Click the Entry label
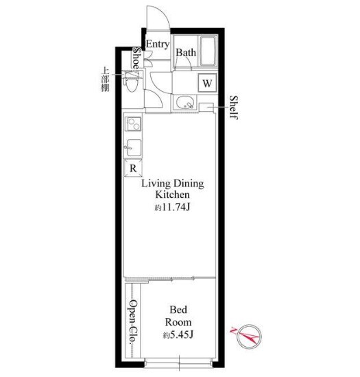point(158,45)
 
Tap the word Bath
point(186,53)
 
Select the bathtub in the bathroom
point(208,51)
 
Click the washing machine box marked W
point(207,83)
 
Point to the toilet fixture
point(131,82)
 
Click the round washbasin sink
point(184,103)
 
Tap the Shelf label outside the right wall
point(234,108)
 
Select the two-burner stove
point(133,123)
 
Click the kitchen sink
point(133,147)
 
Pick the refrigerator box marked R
point(133,168)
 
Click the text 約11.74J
point(172,207)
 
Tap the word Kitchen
point(172,195)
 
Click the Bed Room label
point(178,316)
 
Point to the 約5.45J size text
point(178,335)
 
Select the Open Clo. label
point(133,323)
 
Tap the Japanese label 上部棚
point(105,80)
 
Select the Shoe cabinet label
point(136,60)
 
